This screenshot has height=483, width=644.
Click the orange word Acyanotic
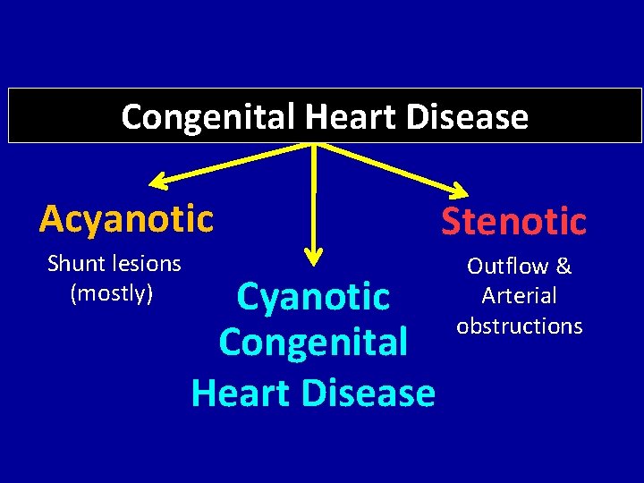coord(126,217)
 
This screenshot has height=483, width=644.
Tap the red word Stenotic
coord(513,221)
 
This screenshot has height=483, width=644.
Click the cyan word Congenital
coord(313,342)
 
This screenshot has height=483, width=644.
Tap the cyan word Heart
coord(239,392)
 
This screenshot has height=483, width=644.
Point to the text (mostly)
coord(112,292)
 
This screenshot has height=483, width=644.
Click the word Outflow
coord(506,266)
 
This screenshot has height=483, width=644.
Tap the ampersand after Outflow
coord(563,266)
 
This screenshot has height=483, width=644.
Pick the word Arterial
coord(519,295)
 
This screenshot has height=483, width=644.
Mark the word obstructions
coord(519,326)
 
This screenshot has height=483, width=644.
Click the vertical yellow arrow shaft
coord(314,197)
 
